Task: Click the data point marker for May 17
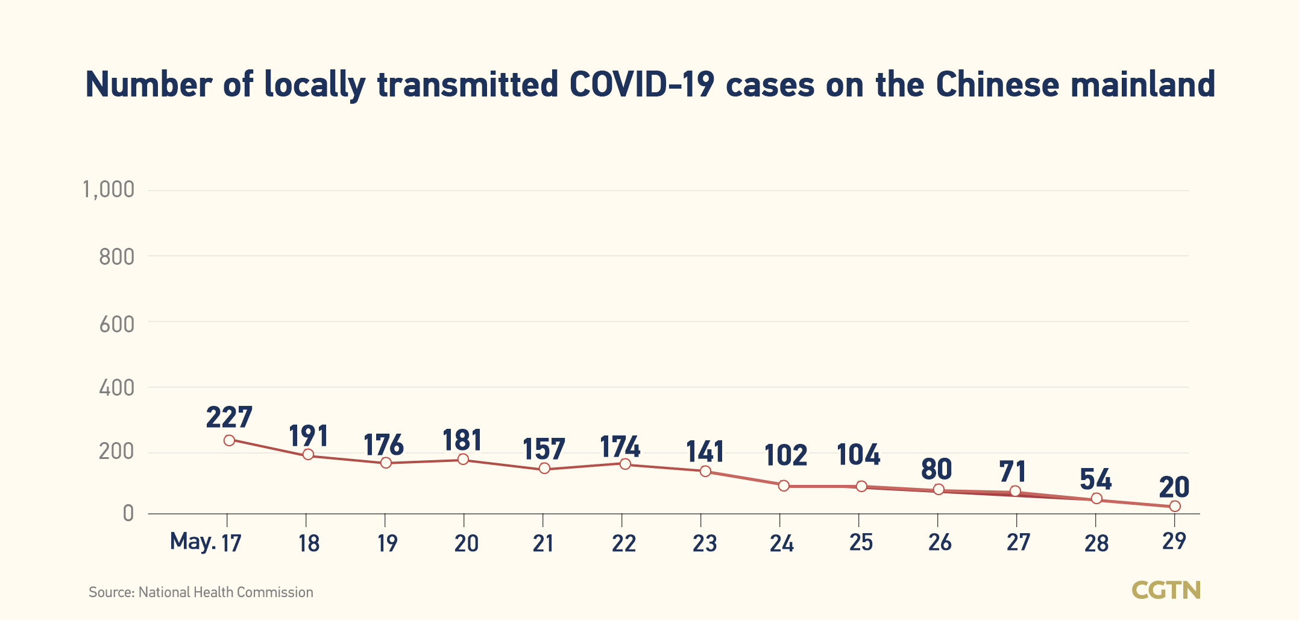coord(229,440)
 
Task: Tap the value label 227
coord(229,417)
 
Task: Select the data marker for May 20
coord(463,459)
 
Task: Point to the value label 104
coord(858,454)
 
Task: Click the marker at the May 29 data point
coord(1174,506)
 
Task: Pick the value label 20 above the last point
coord(1174,487)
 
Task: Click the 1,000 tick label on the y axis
coord(109,190)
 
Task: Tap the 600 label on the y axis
coord(116,324)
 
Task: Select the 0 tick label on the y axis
coord(128,513)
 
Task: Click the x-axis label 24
coord(781,544)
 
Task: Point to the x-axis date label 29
coord(1174,541)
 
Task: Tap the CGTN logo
coord(1166,590)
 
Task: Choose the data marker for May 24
coord(784,486)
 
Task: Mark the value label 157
coord(544,449)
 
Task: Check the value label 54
coord(1095,479)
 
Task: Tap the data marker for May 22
coord(625,464)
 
